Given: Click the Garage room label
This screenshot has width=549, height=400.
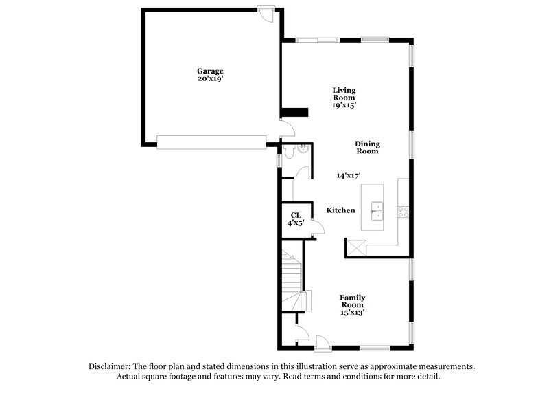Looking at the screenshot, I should pos(211,71).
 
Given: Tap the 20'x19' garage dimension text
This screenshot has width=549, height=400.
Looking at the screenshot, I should pos(211,79).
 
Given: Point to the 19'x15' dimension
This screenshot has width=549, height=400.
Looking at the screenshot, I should pos(344,105).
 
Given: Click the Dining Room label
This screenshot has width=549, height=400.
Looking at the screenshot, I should pos(367,147).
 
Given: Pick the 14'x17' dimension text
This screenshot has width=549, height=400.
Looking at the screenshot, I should pos(349,175).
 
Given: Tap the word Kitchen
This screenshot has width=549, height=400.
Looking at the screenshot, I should pos(340,210).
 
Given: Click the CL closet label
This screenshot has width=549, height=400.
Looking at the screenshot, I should pos(295,215).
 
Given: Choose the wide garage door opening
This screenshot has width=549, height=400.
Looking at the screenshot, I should pos(211,142).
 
